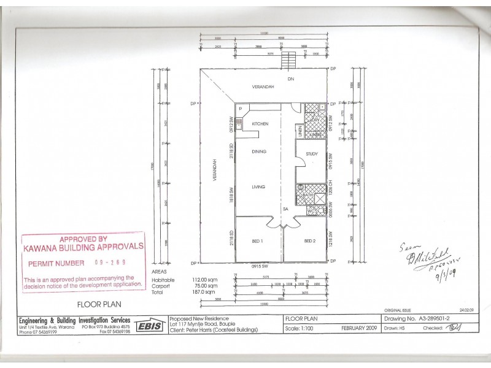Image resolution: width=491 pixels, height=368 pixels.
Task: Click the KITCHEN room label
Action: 260,124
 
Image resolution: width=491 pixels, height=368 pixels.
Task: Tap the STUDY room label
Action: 311,154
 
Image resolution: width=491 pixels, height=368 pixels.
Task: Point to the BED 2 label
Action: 309,241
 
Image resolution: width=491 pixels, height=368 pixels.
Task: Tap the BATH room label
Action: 307,195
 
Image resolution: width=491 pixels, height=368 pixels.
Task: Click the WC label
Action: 310,212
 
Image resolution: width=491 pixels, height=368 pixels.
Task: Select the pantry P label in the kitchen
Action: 240,109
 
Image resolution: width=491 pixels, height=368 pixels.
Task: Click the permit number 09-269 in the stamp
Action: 111,262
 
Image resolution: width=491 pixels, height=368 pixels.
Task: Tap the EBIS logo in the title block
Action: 149,326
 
